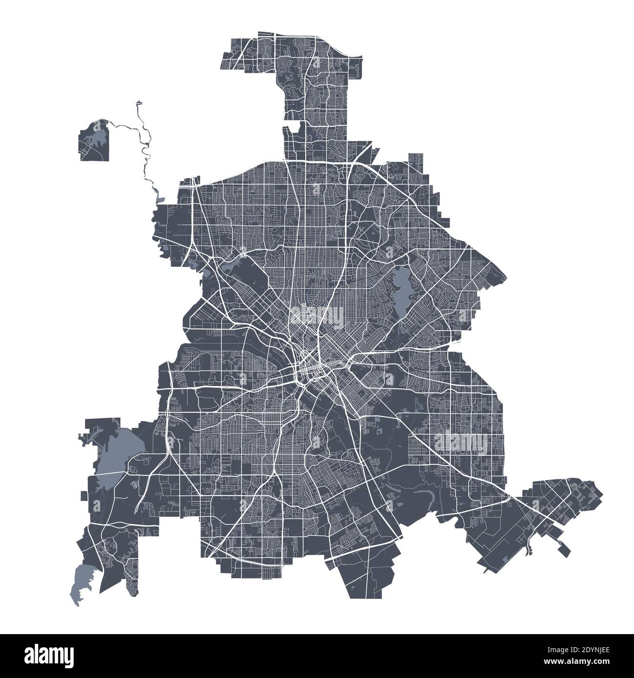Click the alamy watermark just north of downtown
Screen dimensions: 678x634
(317, 315)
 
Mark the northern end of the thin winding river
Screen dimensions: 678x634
(139, 102)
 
